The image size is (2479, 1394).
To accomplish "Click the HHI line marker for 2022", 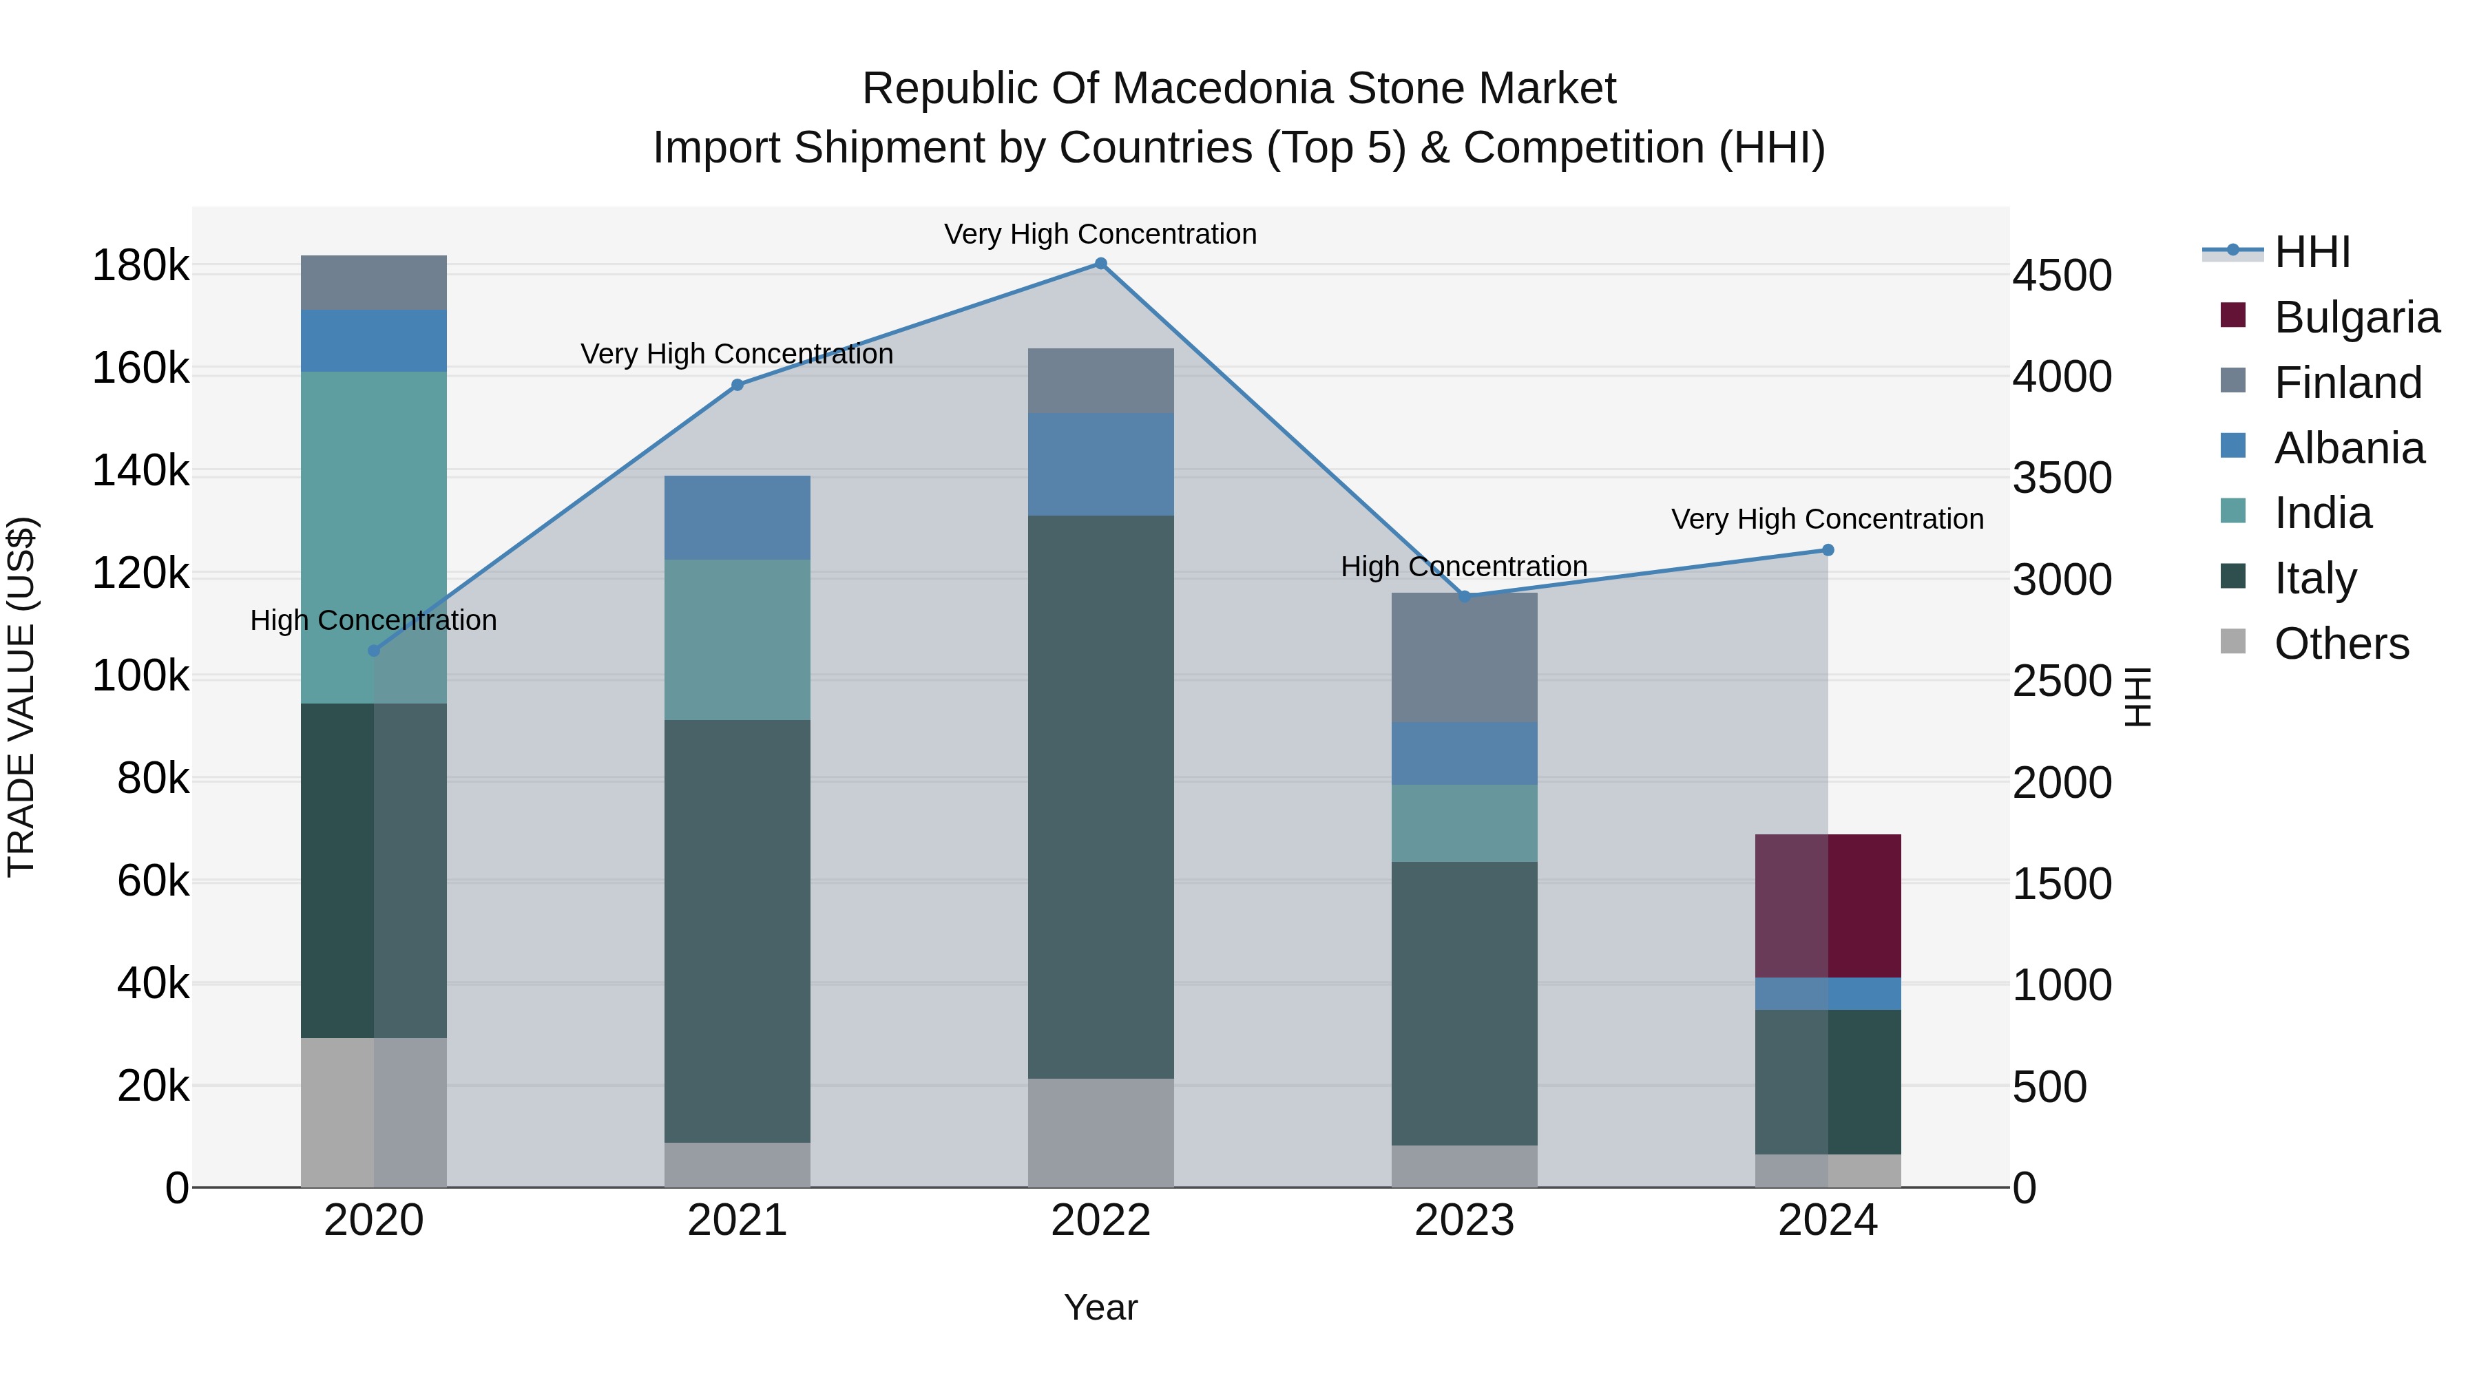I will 1101,264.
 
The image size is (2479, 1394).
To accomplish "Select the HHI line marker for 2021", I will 737,385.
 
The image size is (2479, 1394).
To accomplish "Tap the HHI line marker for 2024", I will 1828,550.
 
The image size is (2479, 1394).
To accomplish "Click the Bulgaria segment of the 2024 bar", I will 1828,905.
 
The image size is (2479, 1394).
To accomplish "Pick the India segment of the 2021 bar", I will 737,640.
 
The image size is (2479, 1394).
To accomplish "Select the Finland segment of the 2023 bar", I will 1464,658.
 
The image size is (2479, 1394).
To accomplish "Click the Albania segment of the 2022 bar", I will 1101,464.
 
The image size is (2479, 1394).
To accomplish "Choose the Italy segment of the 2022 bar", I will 1101,796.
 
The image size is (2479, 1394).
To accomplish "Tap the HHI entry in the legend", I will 2312,252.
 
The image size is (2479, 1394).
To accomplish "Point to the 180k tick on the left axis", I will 140,266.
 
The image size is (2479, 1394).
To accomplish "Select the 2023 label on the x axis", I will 1464,1221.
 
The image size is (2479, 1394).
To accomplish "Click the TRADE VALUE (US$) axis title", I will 21,697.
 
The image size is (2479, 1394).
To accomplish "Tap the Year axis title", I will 1101,1307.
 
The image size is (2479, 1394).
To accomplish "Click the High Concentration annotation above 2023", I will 1464,567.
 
